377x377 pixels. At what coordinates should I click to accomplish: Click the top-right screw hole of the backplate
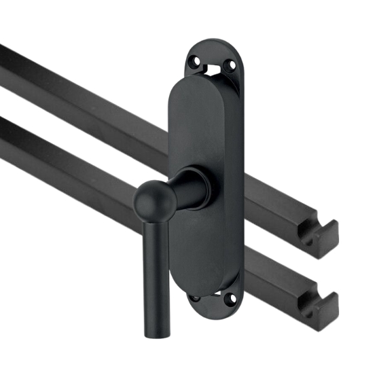(231, 66)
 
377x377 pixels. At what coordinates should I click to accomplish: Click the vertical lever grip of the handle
(154, 272)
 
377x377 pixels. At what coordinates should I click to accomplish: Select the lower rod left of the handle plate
(82, 163)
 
